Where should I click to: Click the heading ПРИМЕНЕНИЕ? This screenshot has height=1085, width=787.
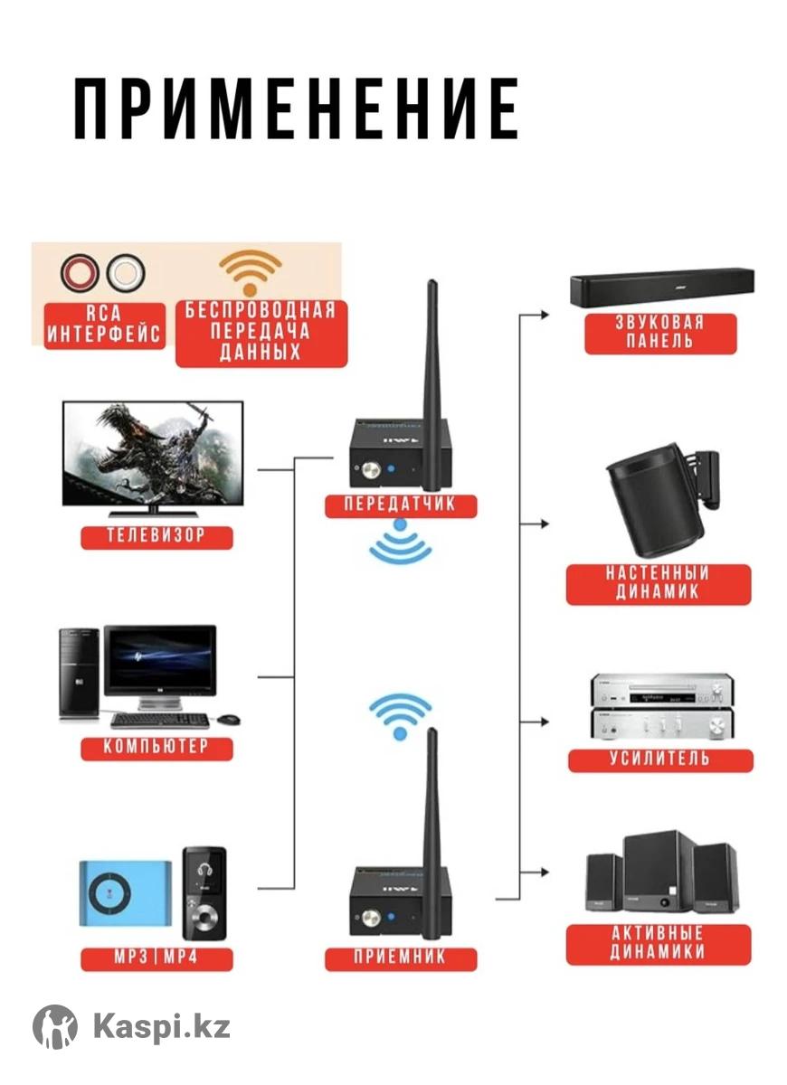click(296, 108)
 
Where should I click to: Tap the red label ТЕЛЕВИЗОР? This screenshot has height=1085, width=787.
click(156, 534)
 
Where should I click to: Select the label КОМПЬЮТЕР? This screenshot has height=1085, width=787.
click(156, 747)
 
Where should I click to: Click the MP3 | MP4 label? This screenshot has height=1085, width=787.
click(156, 957)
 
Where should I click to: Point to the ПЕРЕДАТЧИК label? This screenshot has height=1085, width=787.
click(400, 504)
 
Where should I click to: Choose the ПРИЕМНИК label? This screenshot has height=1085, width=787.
click(400, 957)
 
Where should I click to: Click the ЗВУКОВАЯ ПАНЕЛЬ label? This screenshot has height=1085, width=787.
click(659, 332)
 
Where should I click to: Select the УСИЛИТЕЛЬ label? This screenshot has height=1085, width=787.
click(659, 758)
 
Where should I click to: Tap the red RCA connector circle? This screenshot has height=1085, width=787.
click(80, 272)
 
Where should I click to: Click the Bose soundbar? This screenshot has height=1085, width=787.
click(662, 288)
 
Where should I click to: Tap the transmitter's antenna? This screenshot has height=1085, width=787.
click(431, 362)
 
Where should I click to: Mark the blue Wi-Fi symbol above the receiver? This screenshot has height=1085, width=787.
click(399, 714)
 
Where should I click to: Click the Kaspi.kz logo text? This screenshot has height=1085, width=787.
click(161, 1027)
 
